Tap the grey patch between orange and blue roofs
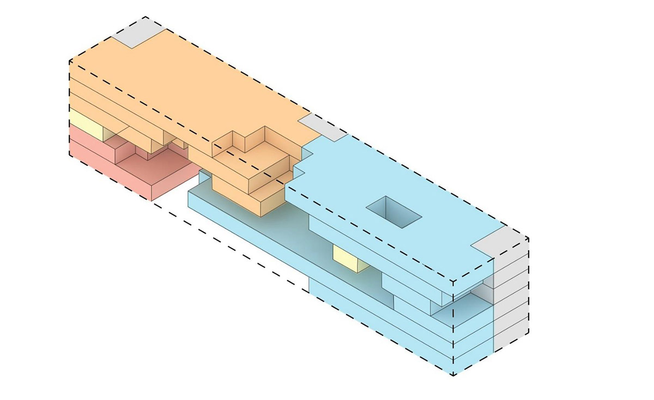(x=322, y=127)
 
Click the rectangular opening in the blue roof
(x=393, y=211)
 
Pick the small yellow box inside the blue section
(x=348, y=257)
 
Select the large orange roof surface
(x=191, y=87)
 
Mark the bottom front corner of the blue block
(x=453, y=375)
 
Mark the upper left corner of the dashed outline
(x=70, y=61)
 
